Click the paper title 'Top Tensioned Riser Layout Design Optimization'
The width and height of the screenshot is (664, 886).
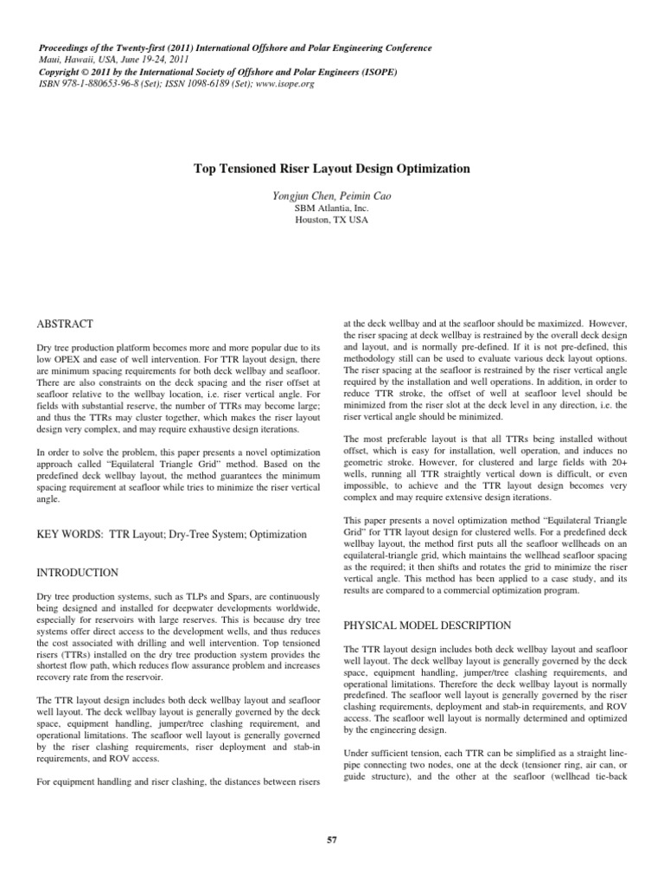332,170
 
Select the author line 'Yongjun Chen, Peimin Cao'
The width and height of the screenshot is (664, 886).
332,196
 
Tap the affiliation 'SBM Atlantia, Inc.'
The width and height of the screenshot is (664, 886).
332,209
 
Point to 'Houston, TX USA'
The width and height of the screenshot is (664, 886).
332,221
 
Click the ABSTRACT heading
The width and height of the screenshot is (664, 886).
65,324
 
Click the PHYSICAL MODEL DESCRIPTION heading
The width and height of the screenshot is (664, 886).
428,625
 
